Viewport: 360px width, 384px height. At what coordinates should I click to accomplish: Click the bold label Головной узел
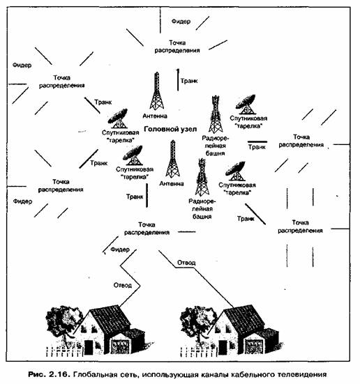pos(170,129)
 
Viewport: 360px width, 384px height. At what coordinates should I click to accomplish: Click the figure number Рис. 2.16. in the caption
pos(50,374)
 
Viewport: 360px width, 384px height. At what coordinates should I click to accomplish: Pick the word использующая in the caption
pos(170,375)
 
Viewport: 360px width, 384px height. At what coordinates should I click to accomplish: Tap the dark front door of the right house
pos(223,347)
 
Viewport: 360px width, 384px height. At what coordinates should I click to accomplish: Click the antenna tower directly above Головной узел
pos(157,91)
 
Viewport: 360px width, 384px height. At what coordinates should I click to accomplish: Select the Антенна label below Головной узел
pos(172,183)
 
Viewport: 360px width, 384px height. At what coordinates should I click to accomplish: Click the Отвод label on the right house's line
pos(186,263)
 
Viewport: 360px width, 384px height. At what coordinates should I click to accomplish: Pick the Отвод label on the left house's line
pos(123,285)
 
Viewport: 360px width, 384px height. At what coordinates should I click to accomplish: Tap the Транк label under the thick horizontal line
pos(257,147)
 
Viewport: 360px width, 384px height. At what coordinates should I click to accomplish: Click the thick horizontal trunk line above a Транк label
pos(257,141)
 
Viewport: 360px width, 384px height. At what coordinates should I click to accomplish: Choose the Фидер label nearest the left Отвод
pos(120,249)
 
